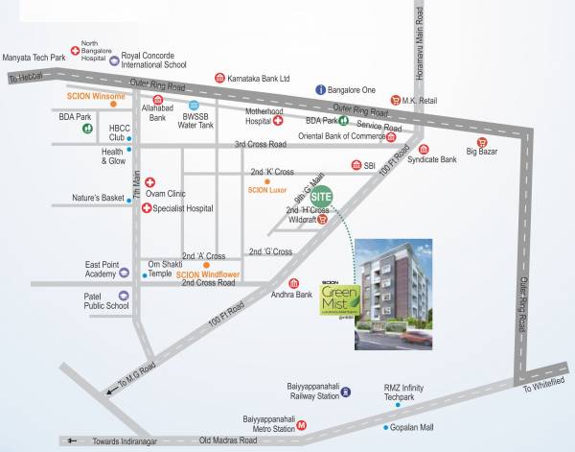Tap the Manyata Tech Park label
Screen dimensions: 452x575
[35, 59]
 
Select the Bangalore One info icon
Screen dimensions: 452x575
[322, 89]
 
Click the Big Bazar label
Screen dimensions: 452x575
[484, 151]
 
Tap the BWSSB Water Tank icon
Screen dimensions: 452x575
[194, 106]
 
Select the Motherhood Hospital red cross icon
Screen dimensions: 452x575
[278, 122]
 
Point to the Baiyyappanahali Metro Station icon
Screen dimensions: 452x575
[301, 423]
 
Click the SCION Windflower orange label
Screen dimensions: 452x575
[208, 274]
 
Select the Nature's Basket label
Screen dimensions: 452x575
[99, 199]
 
